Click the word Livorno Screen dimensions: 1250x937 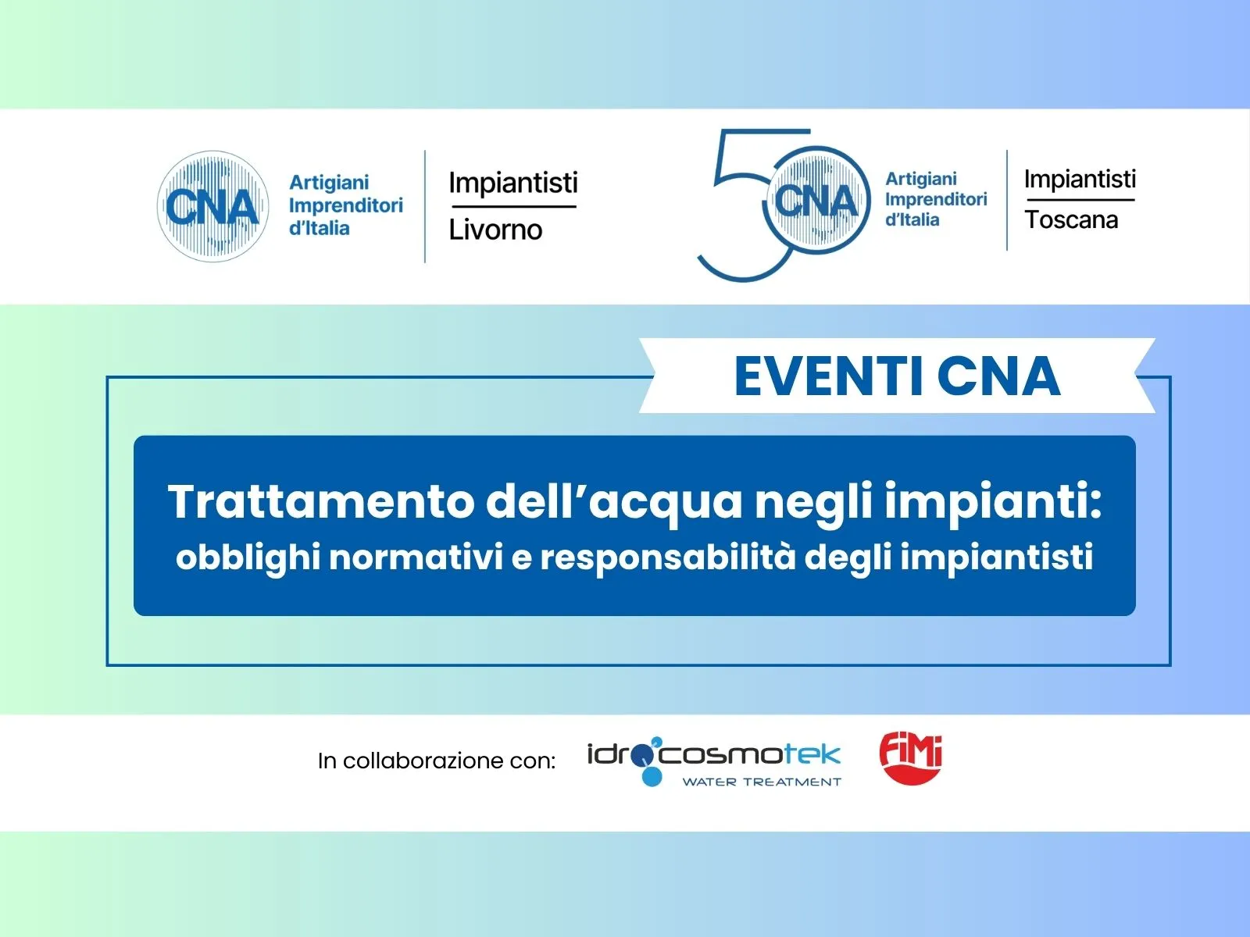pyautogui.click(x=495, y=230)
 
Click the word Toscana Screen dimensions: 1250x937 pyautogui.click(x=1070, y=219)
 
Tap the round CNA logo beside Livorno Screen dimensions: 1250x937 pyautogui.click(x=212, y=206)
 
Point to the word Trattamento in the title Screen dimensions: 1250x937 pyautogui.click(x=320, y=501)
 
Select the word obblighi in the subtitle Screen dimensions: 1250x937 pyautogui.click(x=248, y=557)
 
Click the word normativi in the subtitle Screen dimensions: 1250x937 pyautogui.click(x=416, y=557)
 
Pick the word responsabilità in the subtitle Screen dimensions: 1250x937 pyautogui.click(x=667, y=557)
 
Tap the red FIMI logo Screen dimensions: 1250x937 pyautogui.click(x=911, y=757)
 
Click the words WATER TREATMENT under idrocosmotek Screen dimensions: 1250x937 pyautogui.click(x=762, y=782)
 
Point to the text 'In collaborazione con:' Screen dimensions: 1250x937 pyautogui.click(x=436, y=761)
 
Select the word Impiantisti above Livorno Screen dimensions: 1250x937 pyautogui.click(x=513, y=183)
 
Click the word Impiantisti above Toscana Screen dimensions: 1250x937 pyautogui.click(x=1080, y=180)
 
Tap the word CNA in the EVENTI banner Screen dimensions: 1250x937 pyautogui.click(x=998, y=376)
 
